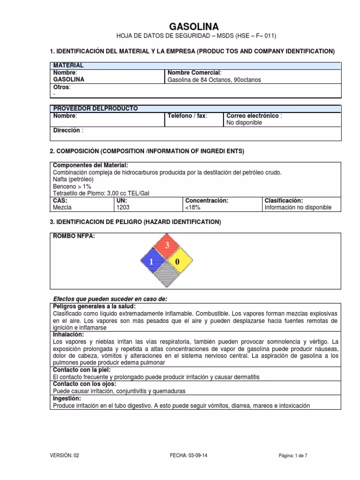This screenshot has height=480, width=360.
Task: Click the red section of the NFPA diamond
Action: click(x=166, y=247)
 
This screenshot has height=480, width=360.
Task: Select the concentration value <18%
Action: click(x=194, y=207)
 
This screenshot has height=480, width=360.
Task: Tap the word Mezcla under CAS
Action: click(x=62, y=207)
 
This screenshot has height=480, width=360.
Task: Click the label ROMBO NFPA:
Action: click(x=74, y=236)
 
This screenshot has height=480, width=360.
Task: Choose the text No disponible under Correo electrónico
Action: click(x=244, y=123)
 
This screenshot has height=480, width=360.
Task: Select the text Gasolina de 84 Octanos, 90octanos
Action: click(x=214, y=80)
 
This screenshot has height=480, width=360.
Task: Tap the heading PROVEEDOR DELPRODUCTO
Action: click(x=96, y=108)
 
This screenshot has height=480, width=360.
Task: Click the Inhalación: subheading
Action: click(x=68, y=334)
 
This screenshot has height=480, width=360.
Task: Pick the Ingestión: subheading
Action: click(x=67, y=398)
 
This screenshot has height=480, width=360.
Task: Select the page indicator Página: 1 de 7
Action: click(x=292, y=455)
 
